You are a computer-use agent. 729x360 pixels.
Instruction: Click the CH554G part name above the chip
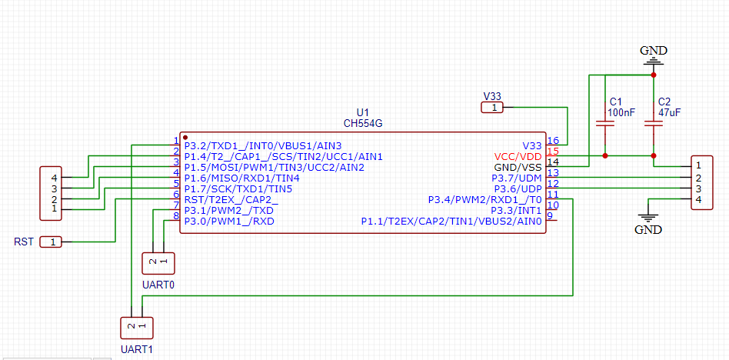362,123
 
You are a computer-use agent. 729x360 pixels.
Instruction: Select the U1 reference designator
362,112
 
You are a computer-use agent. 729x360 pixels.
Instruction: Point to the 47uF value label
669,112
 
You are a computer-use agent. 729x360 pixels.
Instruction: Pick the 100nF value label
621,112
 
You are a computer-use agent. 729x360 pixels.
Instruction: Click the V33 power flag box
492,108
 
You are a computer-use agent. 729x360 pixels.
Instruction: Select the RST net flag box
51,242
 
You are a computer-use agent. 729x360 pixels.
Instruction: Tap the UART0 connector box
158,263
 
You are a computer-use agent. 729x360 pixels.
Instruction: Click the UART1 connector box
136,328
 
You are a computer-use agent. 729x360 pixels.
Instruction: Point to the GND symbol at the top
653,58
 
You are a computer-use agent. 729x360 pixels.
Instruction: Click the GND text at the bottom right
647,229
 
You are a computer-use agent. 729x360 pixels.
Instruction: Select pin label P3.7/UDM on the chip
517,178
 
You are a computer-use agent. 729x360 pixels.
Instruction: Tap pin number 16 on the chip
552,141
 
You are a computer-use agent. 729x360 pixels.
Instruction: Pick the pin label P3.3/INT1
516,210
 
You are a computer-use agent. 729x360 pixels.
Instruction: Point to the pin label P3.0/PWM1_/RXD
228,221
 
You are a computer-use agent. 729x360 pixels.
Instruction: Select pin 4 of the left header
55,178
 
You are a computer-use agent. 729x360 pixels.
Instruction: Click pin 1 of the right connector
697,165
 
